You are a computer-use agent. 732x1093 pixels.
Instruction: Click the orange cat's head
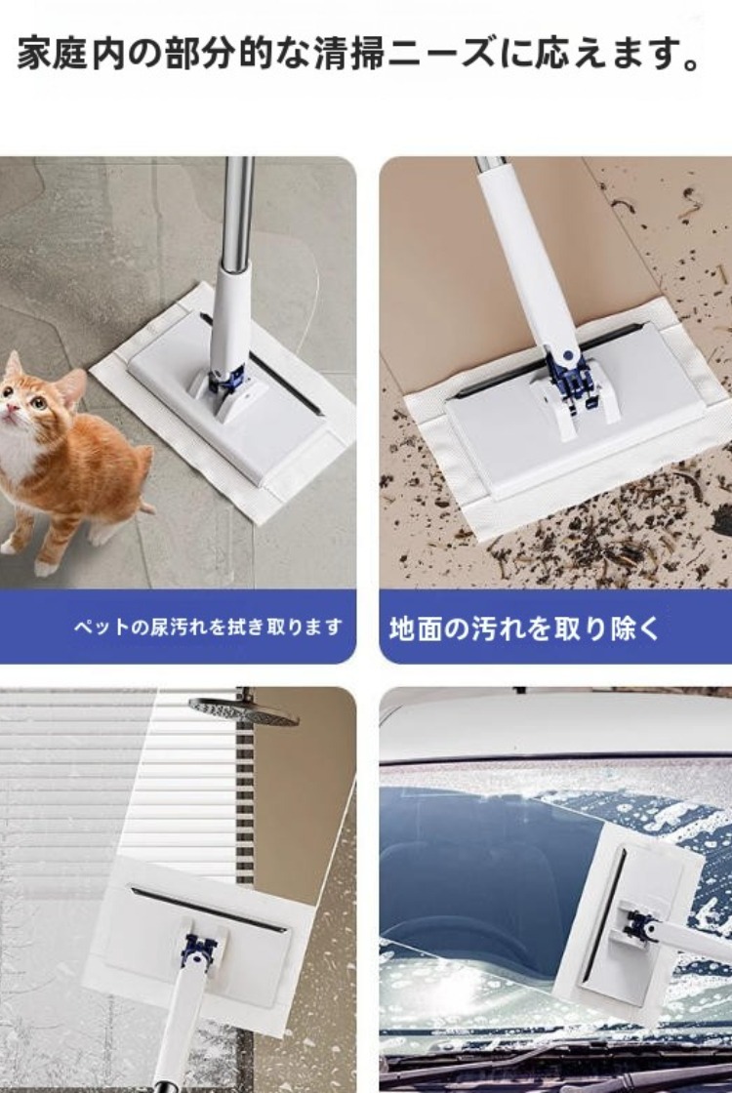[35, 394]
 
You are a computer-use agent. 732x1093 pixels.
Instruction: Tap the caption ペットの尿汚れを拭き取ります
[209, 627]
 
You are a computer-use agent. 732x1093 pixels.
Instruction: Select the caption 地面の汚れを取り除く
[524, 628]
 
